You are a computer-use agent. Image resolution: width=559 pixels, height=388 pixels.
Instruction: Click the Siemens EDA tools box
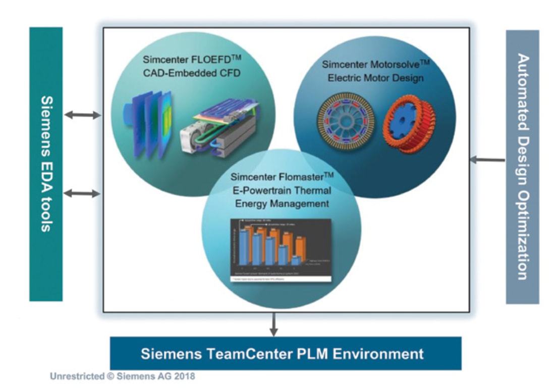(x=46, y=164)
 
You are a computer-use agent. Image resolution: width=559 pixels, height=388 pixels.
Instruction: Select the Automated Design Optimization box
(x=522, y=167)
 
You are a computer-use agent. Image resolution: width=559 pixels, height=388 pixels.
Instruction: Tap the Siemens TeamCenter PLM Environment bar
(x=286, y=353)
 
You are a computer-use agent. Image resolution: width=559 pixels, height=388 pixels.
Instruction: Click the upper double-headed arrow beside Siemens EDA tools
(x=83, y=115)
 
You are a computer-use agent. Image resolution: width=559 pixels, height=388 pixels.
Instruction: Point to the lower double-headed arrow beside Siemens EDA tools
(x=83, y=193)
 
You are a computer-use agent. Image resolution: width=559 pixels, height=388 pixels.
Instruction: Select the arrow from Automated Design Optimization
(x=487, y=160)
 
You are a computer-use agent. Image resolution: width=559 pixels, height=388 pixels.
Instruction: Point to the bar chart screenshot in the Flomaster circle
(x=280, y=250)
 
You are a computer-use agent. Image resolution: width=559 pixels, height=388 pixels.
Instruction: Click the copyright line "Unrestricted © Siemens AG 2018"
(x=123, y=376)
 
